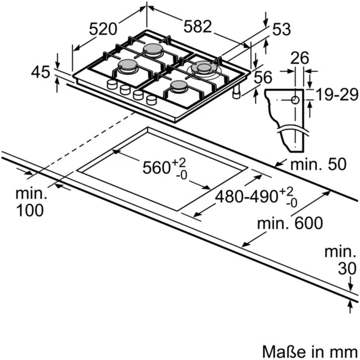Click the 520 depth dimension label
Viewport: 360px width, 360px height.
103,29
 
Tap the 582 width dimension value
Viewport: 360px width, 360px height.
197,26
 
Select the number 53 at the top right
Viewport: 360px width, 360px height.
281,29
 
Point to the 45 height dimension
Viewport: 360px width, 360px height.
40,72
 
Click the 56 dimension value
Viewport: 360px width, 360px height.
263,77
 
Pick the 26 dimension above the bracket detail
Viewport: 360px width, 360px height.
299,58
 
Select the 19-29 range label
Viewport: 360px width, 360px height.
337,94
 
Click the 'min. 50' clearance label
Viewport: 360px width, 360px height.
318,164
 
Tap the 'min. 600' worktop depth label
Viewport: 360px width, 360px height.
290,223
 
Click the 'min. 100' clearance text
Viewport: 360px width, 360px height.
31,202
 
